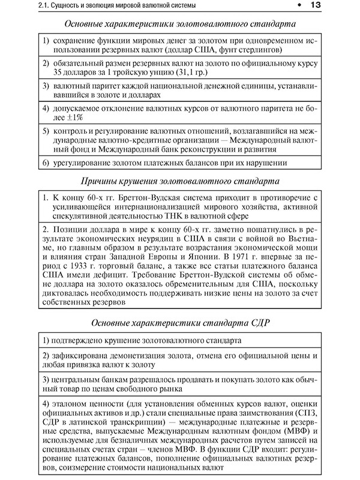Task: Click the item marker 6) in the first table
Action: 47,163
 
